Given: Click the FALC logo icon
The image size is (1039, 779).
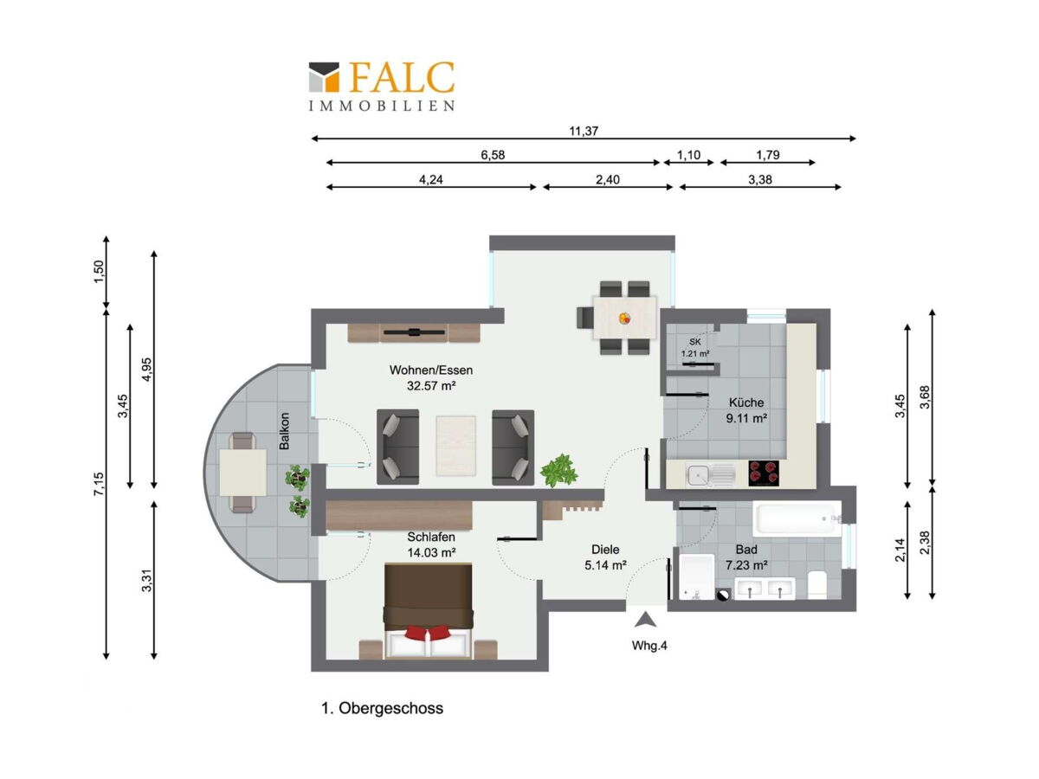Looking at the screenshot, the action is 324,77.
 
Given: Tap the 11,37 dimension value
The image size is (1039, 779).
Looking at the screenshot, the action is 584,131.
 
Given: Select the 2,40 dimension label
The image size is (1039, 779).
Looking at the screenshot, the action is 607,179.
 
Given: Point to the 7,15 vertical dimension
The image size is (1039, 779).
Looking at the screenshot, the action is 99,484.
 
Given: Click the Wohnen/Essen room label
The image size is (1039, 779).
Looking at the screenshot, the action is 430,370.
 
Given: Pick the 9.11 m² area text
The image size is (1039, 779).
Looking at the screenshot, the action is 746,418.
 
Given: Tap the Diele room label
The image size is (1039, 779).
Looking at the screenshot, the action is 605,549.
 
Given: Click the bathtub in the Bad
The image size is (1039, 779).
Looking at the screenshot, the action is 797,518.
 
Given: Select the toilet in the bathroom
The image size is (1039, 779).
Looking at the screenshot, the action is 817,584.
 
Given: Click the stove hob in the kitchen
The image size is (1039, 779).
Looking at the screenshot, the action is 764,473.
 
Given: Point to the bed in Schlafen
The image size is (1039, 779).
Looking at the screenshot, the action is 428,610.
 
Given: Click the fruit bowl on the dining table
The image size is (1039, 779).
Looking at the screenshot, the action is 624,318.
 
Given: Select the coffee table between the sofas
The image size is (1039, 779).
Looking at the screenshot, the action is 455,446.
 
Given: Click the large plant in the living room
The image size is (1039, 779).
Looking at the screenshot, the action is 559,470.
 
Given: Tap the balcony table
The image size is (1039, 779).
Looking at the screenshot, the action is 242,472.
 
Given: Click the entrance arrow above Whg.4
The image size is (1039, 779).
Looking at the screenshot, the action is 646,620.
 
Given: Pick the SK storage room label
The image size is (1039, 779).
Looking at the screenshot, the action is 695,342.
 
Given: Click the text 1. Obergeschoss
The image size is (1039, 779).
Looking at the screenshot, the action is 383,708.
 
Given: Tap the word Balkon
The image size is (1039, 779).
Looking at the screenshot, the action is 284,431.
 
